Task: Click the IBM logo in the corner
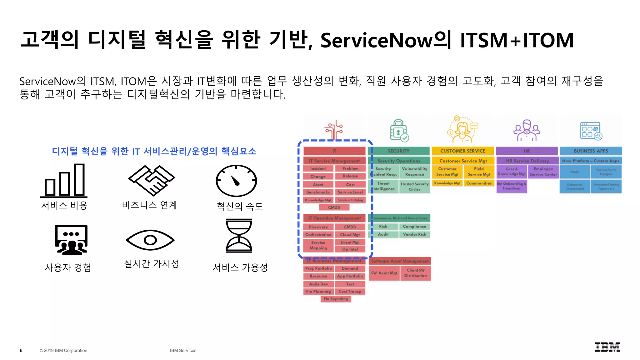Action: tap(607, 347)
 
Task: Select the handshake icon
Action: tap(152, 180)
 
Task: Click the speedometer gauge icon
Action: tap(236, 181)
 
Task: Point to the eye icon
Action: tap(150, 240)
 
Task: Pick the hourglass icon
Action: tap(239, 236)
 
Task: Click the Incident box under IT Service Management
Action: tap(318, 168)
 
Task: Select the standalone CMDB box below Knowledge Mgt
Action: tap(334, 207)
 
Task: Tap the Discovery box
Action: tap(318, 227)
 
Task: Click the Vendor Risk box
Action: tap(414, 234)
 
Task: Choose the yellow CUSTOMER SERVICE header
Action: tap(462, 151)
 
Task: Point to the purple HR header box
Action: tap(527, 151)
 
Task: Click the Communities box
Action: tap(479, 183)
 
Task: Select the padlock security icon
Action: tap(399, 131)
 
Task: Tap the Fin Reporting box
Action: tap(336, 299)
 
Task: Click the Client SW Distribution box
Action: tap(415, 273)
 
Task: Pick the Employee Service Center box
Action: tap(543, 172)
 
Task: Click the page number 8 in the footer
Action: tap(21, 350)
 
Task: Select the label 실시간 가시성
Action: tap(152, 264)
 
